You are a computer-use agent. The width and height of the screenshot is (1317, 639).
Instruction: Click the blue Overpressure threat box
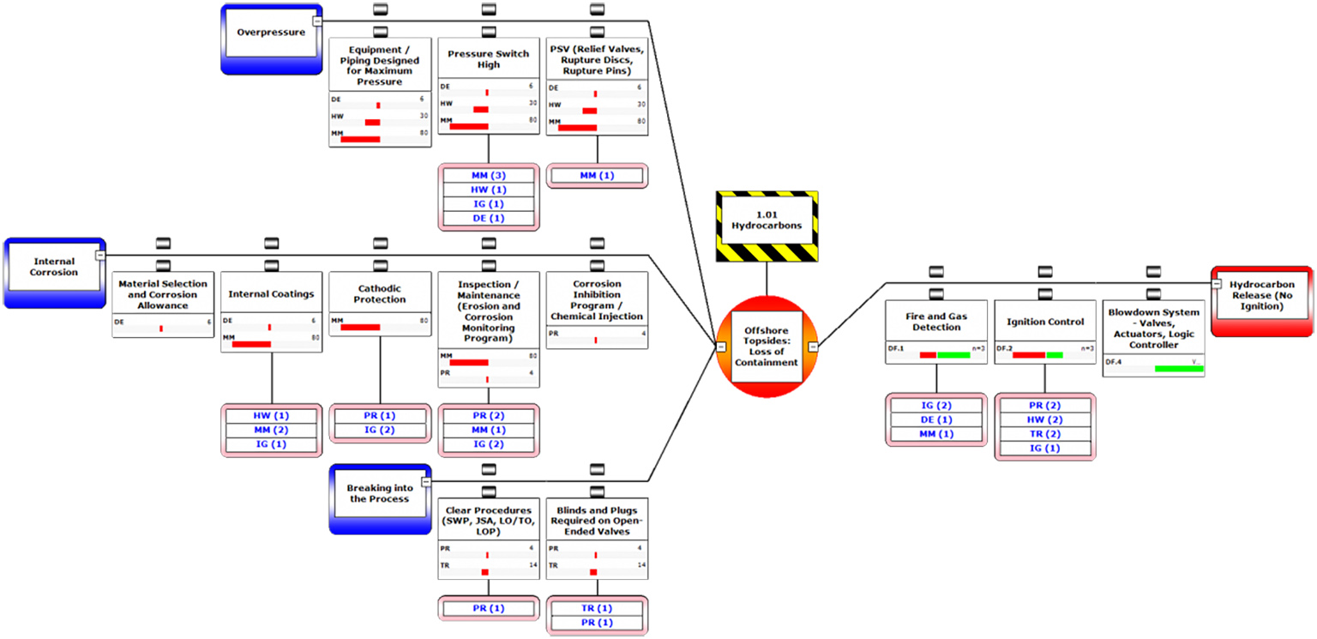[x=270, y=34]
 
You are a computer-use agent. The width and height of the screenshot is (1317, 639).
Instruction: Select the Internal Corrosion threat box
[x=55, y=268]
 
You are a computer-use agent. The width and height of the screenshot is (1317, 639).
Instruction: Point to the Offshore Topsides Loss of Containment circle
[x=766, y=346]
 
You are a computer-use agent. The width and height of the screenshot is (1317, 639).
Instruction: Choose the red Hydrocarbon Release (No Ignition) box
[x=1261, y=295]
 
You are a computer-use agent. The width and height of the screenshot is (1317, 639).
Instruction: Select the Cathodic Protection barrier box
[x=380, y=294]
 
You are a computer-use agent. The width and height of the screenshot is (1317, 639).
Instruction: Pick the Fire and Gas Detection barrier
[x=936, y=322]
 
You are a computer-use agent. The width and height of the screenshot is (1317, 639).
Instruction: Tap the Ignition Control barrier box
[x=1044, y=322]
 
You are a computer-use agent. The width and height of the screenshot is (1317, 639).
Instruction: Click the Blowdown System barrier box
[x=1153, y=329]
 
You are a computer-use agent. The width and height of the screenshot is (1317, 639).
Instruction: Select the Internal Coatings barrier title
[x=271, y=294]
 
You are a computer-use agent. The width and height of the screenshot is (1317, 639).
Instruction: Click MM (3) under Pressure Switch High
[x=489, y=176]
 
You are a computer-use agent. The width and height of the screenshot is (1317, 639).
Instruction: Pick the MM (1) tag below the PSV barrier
[x=597, y=176]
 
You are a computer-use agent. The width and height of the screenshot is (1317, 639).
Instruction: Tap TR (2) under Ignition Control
[x=1044, y=434]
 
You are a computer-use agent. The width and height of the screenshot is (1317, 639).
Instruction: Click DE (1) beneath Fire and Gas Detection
[x=936, y=419]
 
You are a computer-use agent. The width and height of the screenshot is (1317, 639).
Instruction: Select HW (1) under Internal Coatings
[x=271, y=415]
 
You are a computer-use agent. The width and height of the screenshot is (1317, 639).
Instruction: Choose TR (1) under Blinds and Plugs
[x=597, y=607]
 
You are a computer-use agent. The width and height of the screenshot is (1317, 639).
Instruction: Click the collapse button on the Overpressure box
[x=317, y=20]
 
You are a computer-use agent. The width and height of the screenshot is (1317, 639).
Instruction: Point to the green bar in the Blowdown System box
[x=1179, y=369]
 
